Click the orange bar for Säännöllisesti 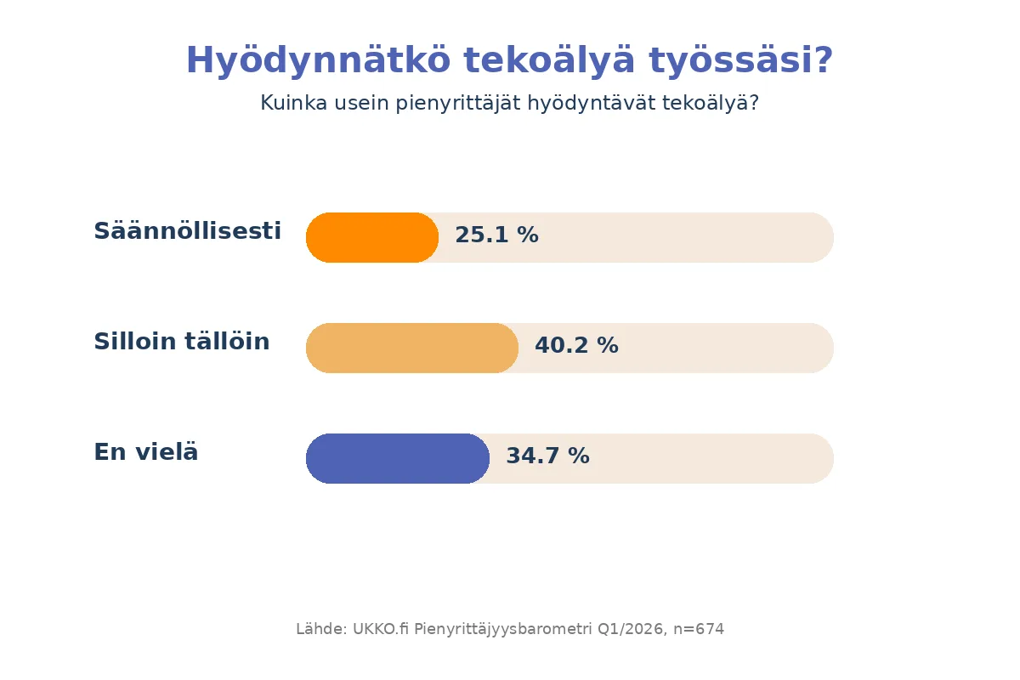coord(372,237)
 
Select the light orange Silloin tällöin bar coord(412,348)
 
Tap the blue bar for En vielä coord(398,459)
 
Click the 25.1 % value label coord(496,235)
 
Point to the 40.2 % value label coord(576,345)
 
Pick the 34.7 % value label coord(547,456)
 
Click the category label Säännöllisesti coord(187,230)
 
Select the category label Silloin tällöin coord(182,341)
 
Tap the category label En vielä coord(146,452)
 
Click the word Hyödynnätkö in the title coord(318,60)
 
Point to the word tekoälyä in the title coord(549,60)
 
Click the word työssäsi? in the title coord(741,60)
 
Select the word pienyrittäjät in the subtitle coord(457,103)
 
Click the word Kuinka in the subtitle coord(294,103)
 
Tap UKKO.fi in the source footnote coord(381,629)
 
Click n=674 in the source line coord(699,629)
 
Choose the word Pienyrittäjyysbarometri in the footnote coord(502,630)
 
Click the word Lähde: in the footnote coord(322,629)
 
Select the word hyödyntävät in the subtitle coord(591,103)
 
